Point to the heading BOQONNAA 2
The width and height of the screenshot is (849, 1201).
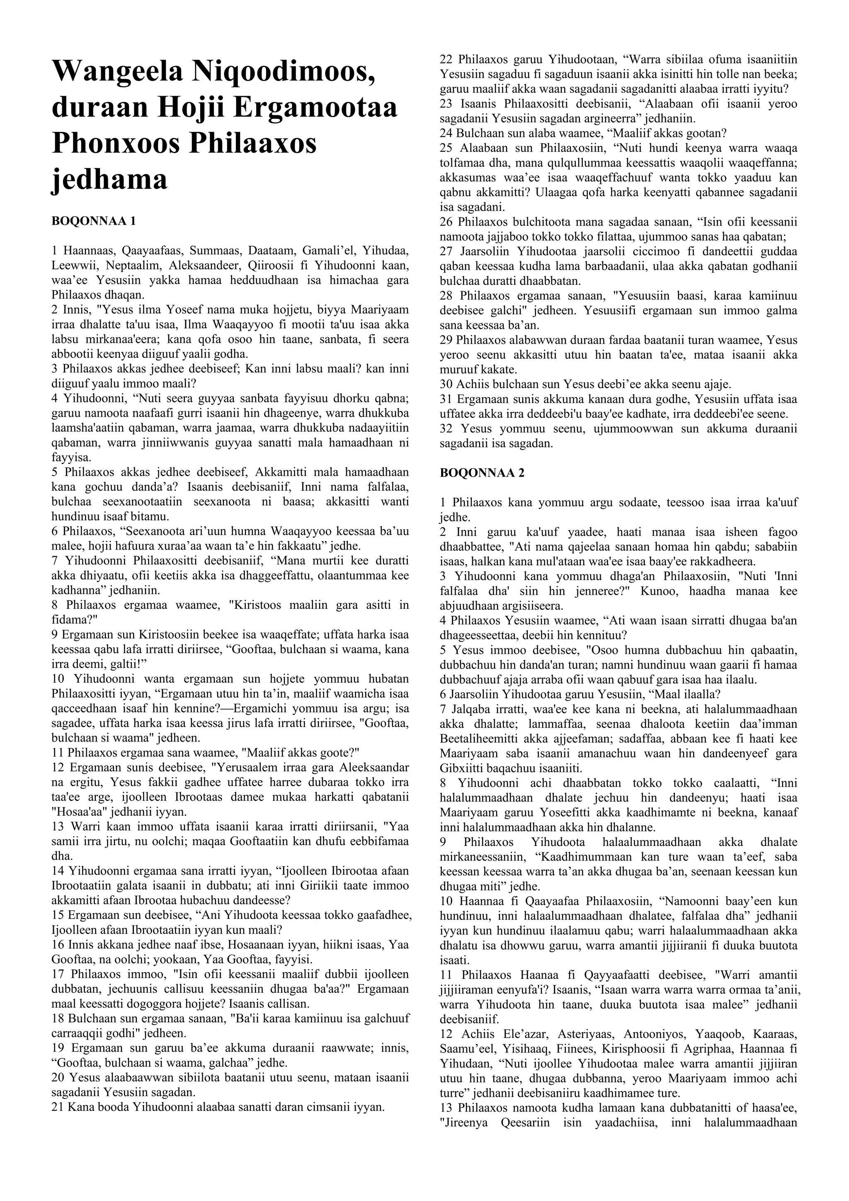[x=482, y=473]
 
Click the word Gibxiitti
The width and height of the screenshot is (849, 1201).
[x=462, y=768]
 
